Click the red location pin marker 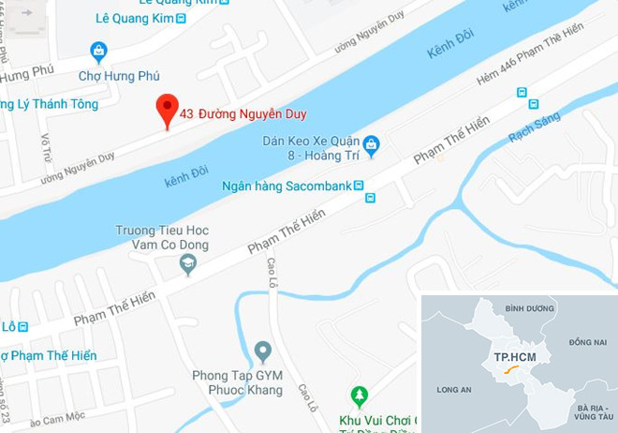[x=167, y=110]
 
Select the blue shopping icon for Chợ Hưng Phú [x=98, y=52]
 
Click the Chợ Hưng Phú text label [x=118, y=75]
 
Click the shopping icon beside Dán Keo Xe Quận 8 [x=372, y=143]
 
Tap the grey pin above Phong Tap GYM [x=263, y=352]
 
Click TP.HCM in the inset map [x=514, y=358]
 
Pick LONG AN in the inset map [x=454, y=386]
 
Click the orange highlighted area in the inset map [x=510, y=371]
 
